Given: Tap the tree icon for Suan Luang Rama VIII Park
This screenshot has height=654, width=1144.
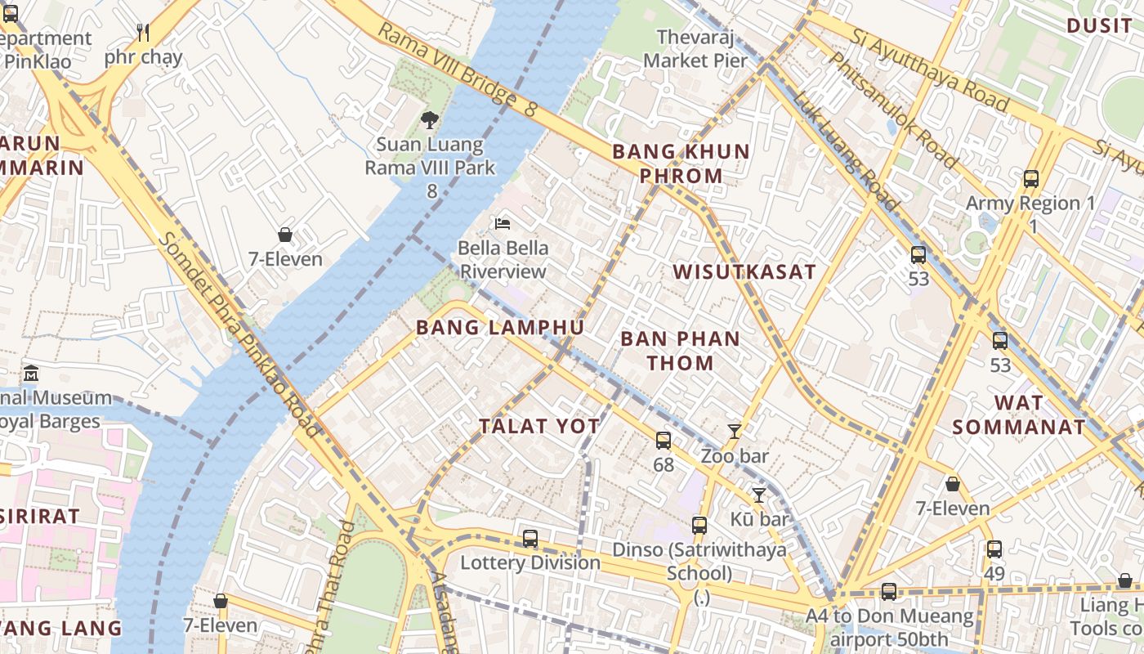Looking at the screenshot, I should [x=430, y=121].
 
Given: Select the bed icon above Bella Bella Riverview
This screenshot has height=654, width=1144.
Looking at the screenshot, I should [x=503, y=224].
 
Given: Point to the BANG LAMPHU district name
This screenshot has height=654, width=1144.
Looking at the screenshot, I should [x=500, y=328].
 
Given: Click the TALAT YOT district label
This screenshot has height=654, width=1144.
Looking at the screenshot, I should [x=539, y=426].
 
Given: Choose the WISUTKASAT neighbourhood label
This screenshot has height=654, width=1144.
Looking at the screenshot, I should [x=744, y=272].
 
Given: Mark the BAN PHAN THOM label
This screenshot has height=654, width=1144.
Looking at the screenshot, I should [x=680, y=351].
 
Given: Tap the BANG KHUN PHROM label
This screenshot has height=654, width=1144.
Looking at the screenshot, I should [x=681, y=163].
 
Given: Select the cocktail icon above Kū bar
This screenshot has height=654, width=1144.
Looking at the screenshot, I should [x=759, y=495].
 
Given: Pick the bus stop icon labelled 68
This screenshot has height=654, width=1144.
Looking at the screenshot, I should [x=664, y=441].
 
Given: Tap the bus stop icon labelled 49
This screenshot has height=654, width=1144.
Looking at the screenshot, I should [x=994, y=549].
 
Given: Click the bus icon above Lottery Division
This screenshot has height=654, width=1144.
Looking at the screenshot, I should [x=530, y=539].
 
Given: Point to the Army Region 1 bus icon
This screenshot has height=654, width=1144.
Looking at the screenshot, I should [x=1031, y=179].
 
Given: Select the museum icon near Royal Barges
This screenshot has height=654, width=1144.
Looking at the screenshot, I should [x=31, y=374].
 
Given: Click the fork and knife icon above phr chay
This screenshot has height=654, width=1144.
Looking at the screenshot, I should [x=143, y=33].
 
